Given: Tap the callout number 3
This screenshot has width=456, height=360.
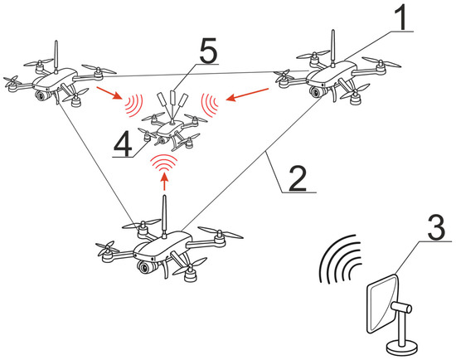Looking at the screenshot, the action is [x=436, y=228].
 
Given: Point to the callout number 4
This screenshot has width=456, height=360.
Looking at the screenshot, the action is [x=123, y=144].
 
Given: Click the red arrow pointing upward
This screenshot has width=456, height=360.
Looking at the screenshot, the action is [x=165, y=182].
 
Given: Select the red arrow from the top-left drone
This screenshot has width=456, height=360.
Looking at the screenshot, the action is [x=110, y=93].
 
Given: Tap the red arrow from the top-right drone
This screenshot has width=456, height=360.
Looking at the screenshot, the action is [x=247, y=95].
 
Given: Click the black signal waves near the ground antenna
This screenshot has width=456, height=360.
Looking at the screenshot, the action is [x=340, y=259].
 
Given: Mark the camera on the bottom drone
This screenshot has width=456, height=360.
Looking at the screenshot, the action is [x=144, y=267].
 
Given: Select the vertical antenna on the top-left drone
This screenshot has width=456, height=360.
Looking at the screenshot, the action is [x=56, y=56].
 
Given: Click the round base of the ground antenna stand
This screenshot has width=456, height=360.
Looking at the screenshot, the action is [x=402, y=348].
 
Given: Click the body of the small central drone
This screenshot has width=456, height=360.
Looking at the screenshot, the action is [x=169, y=129].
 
